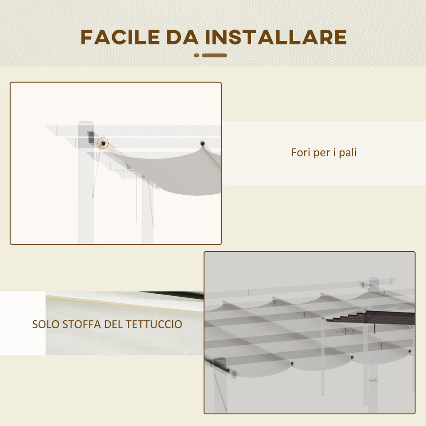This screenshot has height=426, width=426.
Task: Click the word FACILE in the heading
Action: coord(120,37)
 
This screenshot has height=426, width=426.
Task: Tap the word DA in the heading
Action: coord(182,37)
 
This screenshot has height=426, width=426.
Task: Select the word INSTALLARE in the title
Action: coord(276,37)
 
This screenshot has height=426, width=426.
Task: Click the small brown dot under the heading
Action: coord(197,55)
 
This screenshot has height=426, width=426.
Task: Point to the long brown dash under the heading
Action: coord(214,55)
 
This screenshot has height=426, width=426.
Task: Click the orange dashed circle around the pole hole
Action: coord(103,143)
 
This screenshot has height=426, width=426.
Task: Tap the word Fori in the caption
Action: coord(301,152)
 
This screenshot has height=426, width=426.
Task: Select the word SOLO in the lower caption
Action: coord(46,324)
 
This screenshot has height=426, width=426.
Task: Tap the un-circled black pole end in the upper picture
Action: coord(203,143)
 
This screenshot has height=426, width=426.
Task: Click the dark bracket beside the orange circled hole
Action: coord(91,137)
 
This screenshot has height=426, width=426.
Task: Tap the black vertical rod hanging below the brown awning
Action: coord(375,329)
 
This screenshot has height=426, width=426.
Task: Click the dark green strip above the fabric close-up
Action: coord(174,295)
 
